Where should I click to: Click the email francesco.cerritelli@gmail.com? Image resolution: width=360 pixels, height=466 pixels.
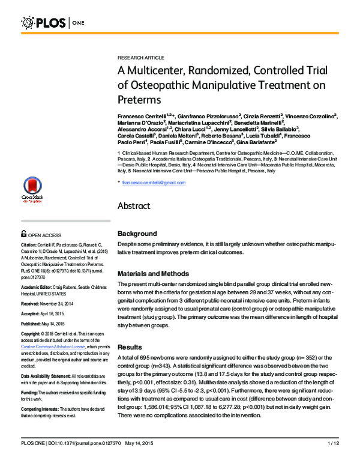[154, 182]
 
